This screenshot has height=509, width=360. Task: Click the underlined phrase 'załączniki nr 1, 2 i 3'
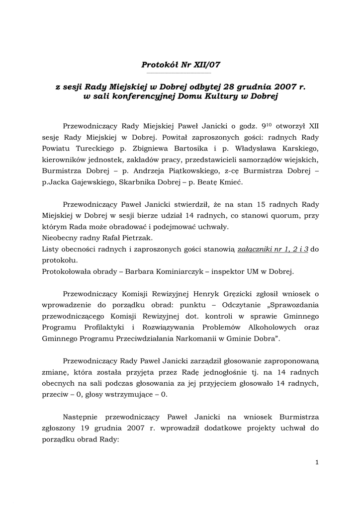[x=273, y=250]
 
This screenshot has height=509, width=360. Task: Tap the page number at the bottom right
[x=317, y=463]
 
